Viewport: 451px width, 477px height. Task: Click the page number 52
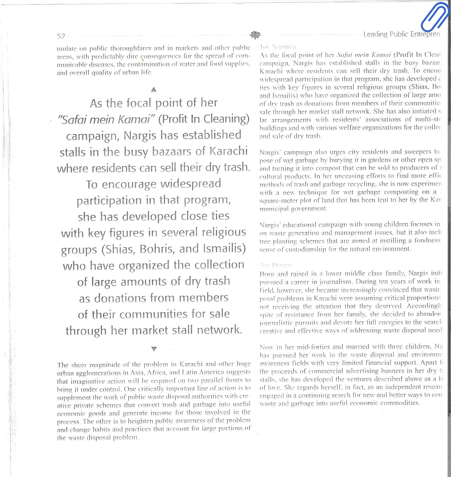(x=61, y=36)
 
